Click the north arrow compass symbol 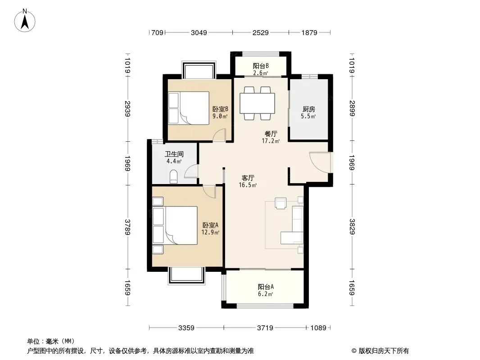[x=25, y=21]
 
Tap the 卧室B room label [x=220, y=109]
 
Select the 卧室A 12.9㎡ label [x=210, y=229]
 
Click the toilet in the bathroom [x=173, y=176]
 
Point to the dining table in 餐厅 [x=257, y=103]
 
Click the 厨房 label [x=308, y=109]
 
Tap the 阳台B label [x=261, y=66]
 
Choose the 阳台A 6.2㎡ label [x=265, y=290]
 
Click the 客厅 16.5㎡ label [x=248, y=181]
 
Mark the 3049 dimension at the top [x=199, y=32]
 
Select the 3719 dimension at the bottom [x=265, y=328]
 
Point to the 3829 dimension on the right [x=352, y=227]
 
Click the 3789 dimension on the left [x=127, y=227]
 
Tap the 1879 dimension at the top [x=309, y=32]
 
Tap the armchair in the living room [x=281, y=203]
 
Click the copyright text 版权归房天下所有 [x=384, y=351]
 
